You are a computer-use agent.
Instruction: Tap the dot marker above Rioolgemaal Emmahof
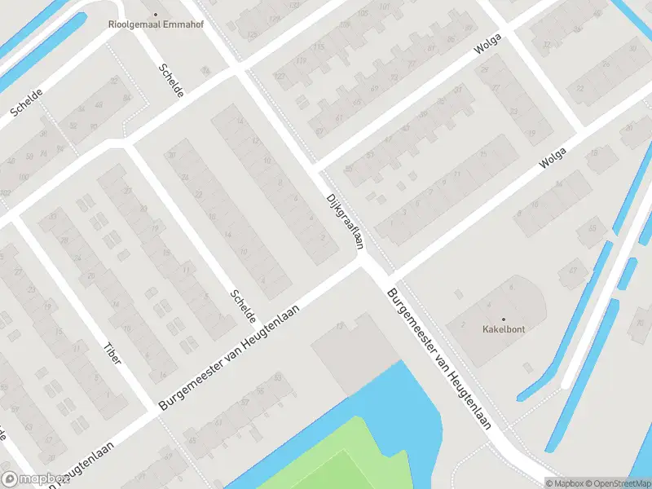[156, 14]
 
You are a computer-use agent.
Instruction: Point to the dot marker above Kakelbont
[503, 319]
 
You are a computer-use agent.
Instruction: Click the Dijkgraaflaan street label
[344, 221]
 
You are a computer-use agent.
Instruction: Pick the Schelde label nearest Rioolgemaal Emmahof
[171, 81]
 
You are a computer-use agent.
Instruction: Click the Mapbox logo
[34, 479]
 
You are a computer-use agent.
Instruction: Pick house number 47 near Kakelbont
[573, 270]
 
